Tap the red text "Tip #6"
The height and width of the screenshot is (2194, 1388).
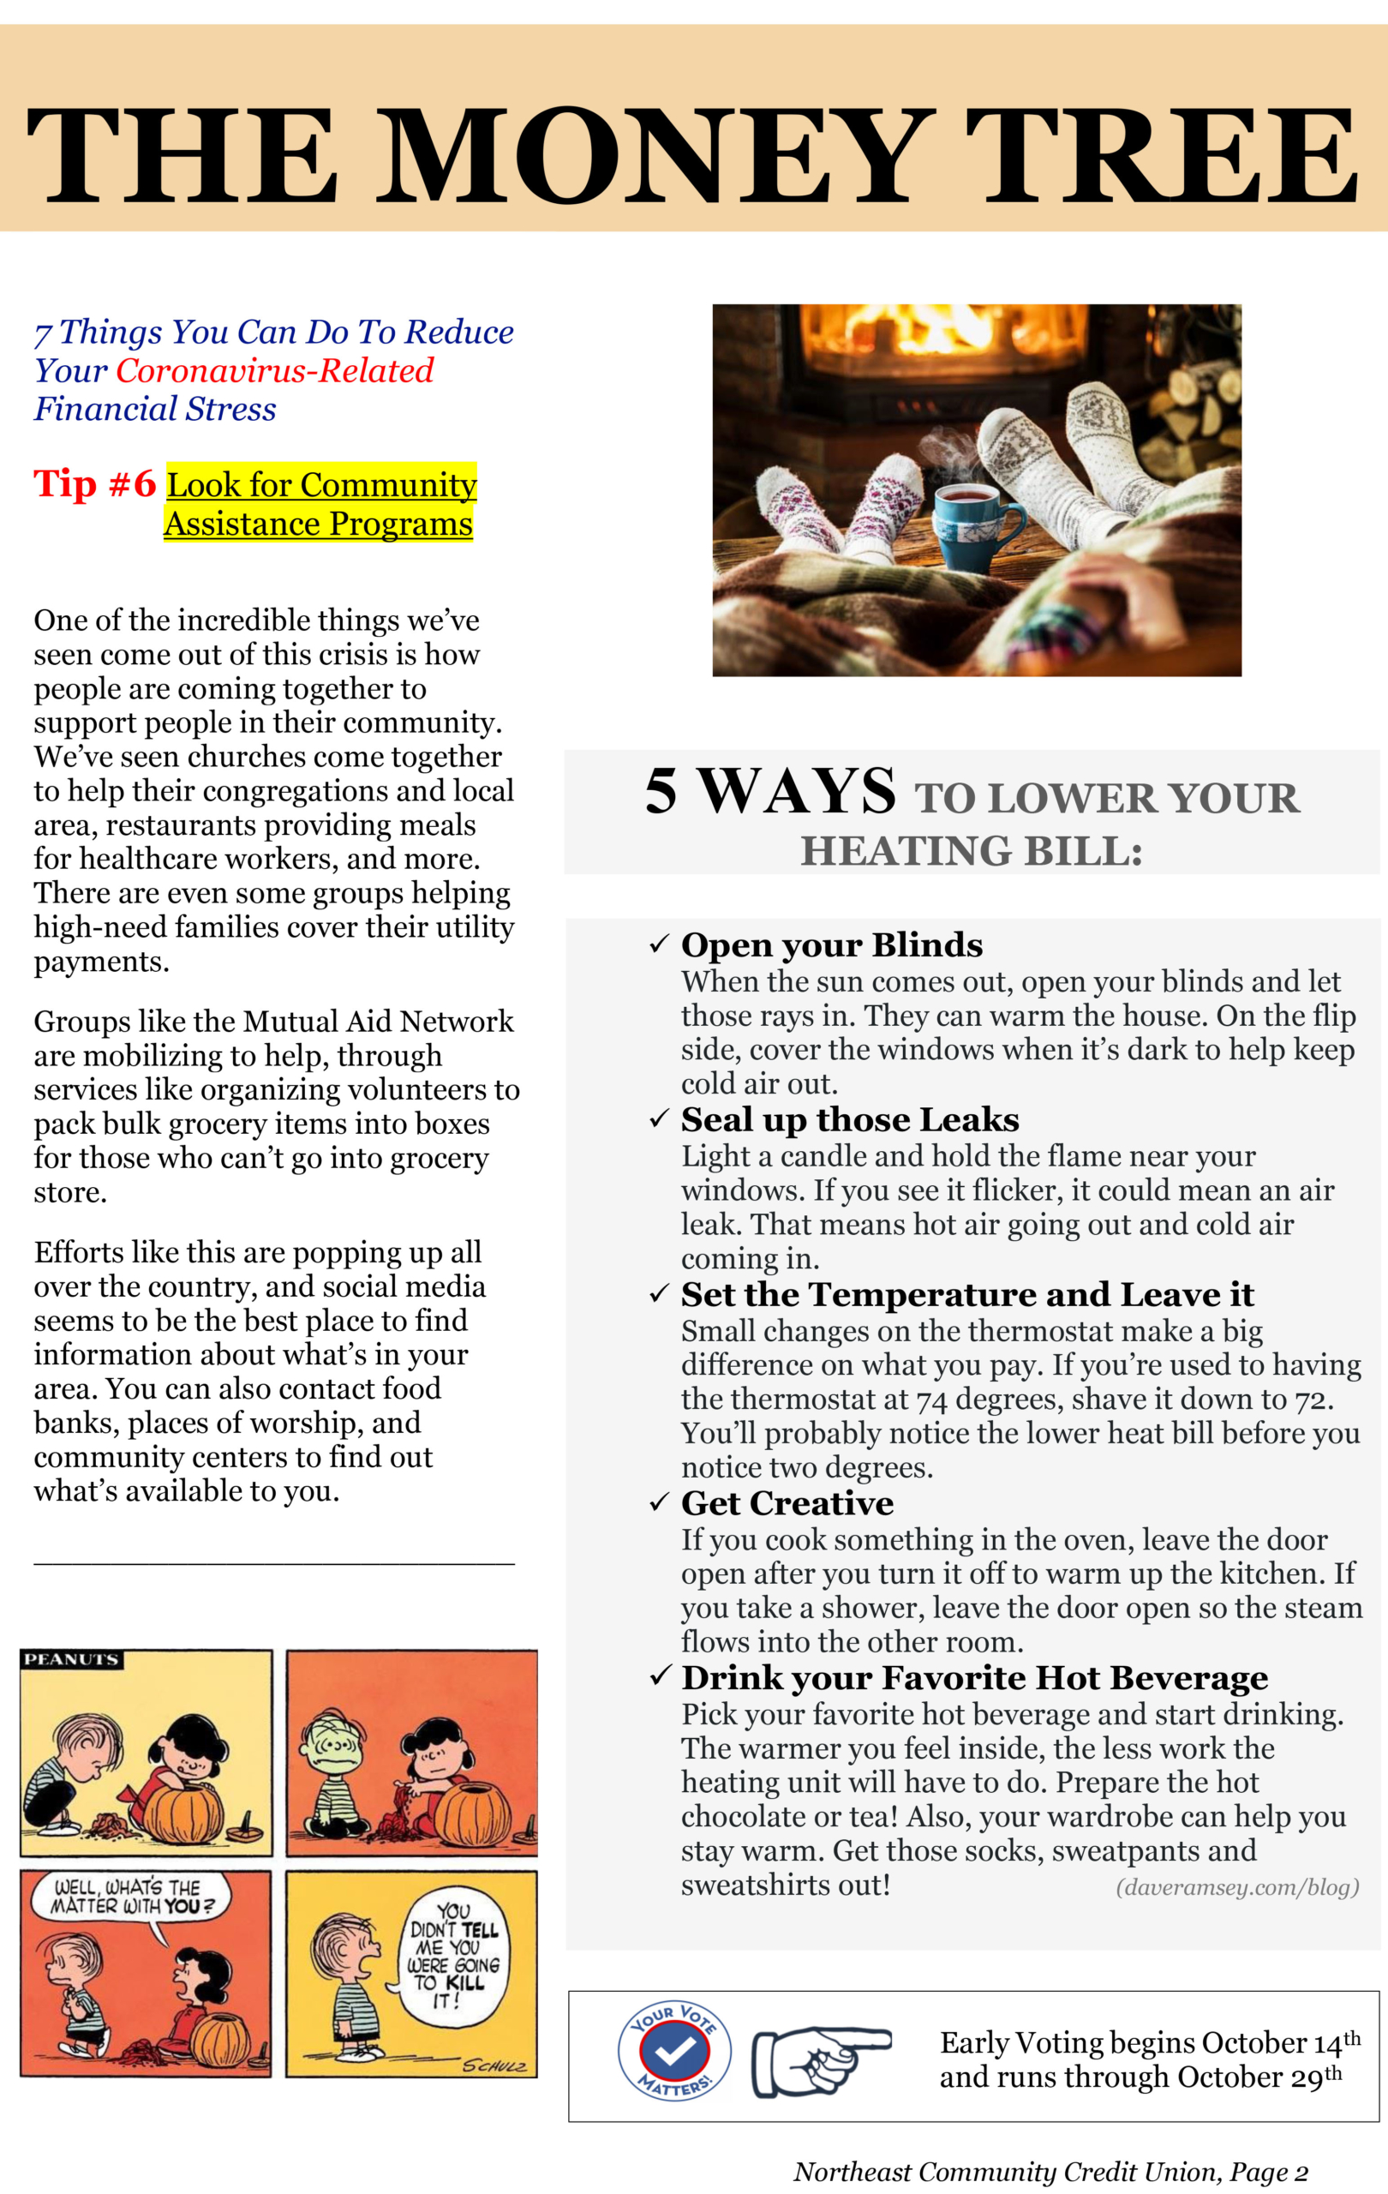95,484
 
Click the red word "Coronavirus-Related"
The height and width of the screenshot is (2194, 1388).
274,371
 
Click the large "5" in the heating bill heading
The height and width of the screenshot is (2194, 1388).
661,791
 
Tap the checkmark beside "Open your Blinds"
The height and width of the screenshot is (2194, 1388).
660,944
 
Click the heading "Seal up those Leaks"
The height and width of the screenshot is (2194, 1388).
850,1120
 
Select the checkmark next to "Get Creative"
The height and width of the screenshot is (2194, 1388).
660,1502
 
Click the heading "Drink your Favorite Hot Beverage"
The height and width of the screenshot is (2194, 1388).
973,1677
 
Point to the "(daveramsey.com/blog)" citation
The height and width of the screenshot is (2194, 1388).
1237,1886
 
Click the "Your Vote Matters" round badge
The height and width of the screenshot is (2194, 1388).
674,2053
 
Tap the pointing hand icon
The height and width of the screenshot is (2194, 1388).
820,2061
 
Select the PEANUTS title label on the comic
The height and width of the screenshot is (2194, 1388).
71,1660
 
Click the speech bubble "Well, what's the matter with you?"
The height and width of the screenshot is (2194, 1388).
128,1897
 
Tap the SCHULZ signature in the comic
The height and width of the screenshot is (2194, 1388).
494,2066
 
